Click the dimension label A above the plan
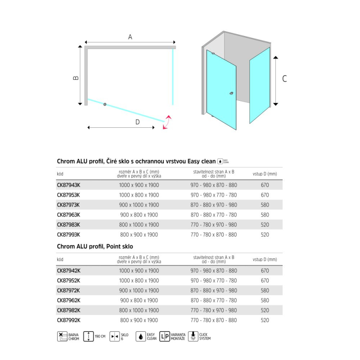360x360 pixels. pos(130,37)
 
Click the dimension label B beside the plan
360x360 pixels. pos(76,77)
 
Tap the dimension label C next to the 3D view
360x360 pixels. pos(284,79)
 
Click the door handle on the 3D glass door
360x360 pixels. pos(231,94)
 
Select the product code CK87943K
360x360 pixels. pos(68,185)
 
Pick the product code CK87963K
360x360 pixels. pos(68,215)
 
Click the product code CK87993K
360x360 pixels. pos(68,234)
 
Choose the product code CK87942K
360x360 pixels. pos(68,271)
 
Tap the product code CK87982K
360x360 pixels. pos(68,310)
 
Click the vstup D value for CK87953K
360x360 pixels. pos(265,195)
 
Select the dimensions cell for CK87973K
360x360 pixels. pos(139,205)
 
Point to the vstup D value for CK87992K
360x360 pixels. pos(265,320)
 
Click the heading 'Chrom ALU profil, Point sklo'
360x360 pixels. pos(95,247)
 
